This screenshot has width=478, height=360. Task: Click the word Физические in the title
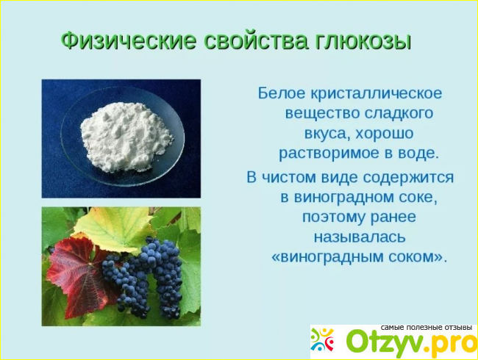(129, 40)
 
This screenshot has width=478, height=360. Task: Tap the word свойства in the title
(257, 40)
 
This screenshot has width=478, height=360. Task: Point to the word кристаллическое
(377, 93)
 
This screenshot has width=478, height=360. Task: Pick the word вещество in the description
(323, 113)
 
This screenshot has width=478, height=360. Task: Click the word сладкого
(399, 113)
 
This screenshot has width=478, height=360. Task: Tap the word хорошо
(384, 134)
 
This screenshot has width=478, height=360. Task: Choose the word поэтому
(334, 217)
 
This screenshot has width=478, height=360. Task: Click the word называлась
(360, 237)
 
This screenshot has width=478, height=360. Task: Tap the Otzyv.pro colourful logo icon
(322, 339)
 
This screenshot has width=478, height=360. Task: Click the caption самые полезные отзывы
(427, 328)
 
